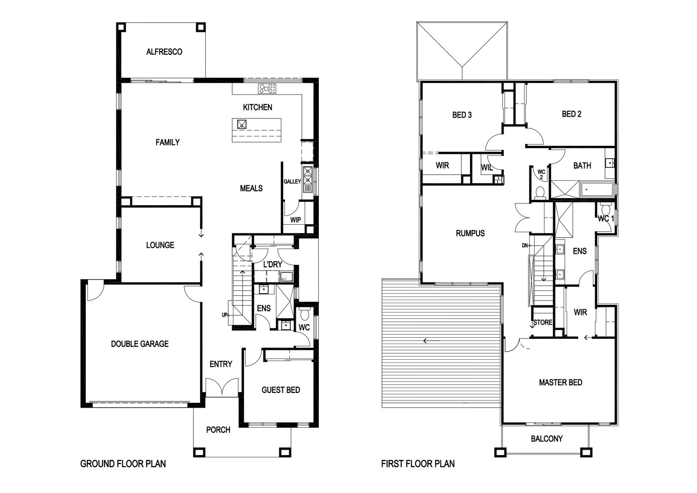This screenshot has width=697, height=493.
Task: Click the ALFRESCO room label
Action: tap(164, 52)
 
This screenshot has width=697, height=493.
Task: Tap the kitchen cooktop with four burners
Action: tap(267, 89)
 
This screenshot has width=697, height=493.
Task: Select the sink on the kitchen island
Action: tap(242, 125)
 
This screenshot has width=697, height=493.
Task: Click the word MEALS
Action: tap(251, 188)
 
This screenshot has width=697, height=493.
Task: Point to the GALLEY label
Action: tap(292, 181)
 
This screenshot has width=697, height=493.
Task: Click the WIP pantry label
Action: tap(296, 220)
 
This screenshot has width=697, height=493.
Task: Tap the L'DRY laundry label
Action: tap(273, 264)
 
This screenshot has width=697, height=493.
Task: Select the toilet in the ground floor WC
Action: tap(304, 314)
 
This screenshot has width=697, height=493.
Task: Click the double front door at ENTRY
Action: tap(222, 387)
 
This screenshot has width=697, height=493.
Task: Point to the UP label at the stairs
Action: tap(224, 315)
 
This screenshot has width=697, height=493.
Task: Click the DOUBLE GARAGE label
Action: tap(140, 344)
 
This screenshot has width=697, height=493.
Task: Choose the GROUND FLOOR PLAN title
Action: tap(123, 464)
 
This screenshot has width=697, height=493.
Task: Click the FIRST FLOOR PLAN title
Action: tap(418, 464)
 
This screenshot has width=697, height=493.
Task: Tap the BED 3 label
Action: tap(462, 115)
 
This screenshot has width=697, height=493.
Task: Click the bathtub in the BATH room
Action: tap(597, 189)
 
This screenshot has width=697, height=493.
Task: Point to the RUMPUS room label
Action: tap(470, 233)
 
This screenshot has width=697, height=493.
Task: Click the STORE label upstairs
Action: tap(543, 323)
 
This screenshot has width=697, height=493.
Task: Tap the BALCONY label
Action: tap(547, 439)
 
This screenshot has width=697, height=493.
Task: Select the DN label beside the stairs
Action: tap(524, 246)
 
